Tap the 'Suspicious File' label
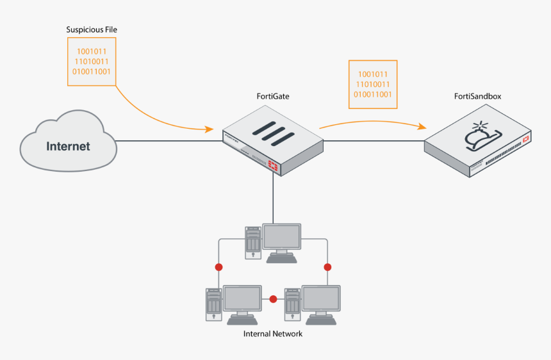(x=92, y=30)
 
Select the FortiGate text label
(x=274, y=96)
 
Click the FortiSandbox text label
(x=477, y=96)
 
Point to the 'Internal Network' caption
(x=273, y=334)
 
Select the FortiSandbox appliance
(x=478, y=144)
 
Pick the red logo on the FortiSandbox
(x=526, y=139)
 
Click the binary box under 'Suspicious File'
(x=92, y=61)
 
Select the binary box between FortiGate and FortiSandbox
(x=373, y=84)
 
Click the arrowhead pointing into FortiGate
(x=210, y=129)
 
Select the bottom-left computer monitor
(x=242, y=299)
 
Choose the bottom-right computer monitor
(x=320, y=299)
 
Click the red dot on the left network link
(x=218, y=266)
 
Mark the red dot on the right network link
(x=327, y=266)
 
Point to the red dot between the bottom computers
(x=274, y=299)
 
